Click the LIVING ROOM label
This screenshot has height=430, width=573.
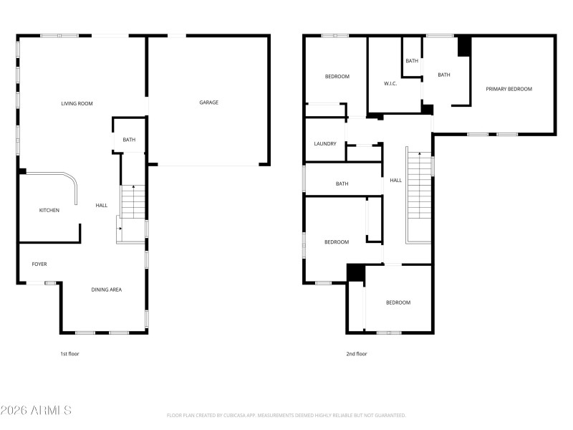(x=77, y=104)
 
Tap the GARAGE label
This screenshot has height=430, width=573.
(x=208, y=102)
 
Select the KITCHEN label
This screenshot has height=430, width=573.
(x=49, y=210)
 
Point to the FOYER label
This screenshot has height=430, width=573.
(x=39, y=264)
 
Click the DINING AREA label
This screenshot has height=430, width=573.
(x=106, y=290)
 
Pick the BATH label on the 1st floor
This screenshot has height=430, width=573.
(x=129, y=140)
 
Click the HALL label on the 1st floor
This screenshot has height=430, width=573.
(x=102, y=206)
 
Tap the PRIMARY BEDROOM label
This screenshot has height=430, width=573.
(x=509, y=89)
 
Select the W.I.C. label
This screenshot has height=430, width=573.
(x=390, y=84)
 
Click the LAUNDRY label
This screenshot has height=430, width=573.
(x=324, y=144)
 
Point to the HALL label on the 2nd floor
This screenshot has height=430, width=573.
(x=395, y=181)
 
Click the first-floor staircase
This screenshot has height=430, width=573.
(x=133, y=202)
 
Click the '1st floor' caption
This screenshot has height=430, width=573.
(x=69, y=353)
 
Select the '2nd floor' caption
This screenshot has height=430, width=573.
(x=356, y=353)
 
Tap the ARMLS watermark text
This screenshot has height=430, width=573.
(x=36, y=411)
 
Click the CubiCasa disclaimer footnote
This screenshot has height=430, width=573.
(x=286, y=415)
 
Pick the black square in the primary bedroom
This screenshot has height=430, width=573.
(x=464, y=45)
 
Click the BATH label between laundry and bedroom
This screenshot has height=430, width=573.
(x=342, y=184)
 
